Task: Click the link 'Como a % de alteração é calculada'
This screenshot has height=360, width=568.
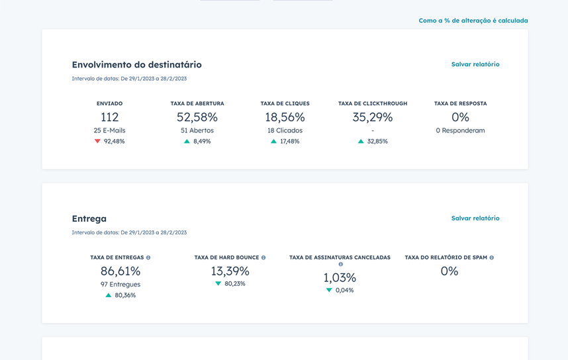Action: click(x=473, y=21)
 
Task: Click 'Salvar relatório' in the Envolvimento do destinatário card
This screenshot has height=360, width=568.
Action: click(x=475, y=64)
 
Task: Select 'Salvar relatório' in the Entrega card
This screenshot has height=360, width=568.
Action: click(x=475, y=218)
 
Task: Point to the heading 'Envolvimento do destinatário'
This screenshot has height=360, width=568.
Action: click(x=136, y=65)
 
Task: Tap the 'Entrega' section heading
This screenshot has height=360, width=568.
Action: click(x=89, y=219)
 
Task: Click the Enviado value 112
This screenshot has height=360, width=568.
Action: click(x=109, y=117)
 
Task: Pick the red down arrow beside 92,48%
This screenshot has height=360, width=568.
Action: click(x=97, y=142)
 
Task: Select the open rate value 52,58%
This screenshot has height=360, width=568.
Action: click(x=197, y=117)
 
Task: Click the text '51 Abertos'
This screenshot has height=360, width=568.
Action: click(x=197, y=130)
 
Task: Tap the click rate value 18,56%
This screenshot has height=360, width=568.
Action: click(x=285, y=117)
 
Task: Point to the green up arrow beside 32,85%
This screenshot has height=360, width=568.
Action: click(x=361, y=142)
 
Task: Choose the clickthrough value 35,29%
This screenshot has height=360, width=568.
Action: click(x=372, y=117)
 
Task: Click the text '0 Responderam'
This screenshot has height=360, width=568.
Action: click(x=460, y=130)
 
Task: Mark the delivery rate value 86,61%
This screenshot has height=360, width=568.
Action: click(x=120, y=271)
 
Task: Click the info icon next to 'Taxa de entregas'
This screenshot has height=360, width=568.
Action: click(x=148, y=257)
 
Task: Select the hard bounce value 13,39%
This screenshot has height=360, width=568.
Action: click(x=230, y=271)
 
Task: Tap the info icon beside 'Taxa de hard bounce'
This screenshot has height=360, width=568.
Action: click(x=263, y=257)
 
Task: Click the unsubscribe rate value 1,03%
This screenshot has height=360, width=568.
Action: click(x=340, y=278)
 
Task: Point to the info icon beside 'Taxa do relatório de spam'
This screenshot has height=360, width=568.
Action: click(x=491, y=257)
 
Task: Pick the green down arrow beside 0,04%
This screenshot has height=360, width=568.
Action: click(x=329, y=291)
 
